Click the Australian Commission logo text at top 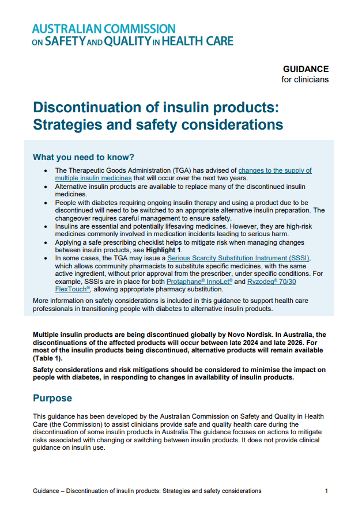coord(133,35)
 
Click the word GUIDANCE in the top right coord(306,69)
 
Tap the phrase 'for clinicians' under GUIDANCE coord(305,79)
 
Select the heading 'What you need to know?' coord(83,157)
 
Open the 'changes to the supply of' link coord(275,170)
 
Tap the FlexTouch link coord(72,289)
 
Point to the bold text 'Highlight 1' coord(163,251)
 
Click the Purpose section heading coord(52,399)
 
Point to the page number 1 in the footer coord(326,491)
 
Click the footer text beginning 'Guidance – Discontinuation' coord(147,491)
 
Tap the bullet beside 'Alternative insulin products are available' coord(46,187)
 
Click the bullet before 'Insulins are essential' coord(46,227)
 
